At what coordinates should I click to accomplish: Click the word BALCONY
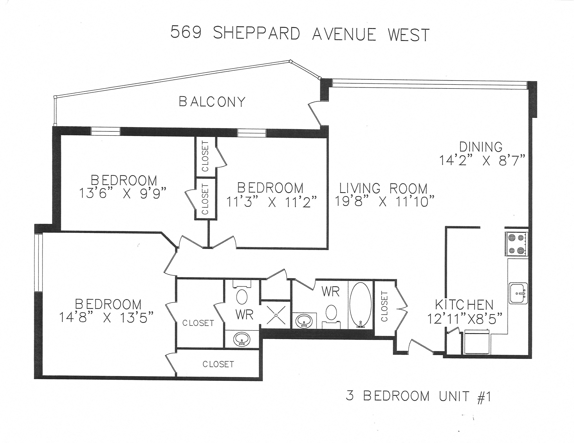(x=212, y=102)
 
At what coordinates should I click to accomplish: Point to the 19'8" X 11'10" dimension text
(x=384, y=201)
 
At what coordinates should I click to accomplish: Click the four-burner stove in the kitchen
(x=516, y=244)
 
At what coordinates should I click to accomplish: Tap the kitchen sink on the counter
(x=518, y=293)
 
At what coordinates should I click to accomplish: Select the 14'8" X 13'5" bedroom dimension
(x=106, y=317)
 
